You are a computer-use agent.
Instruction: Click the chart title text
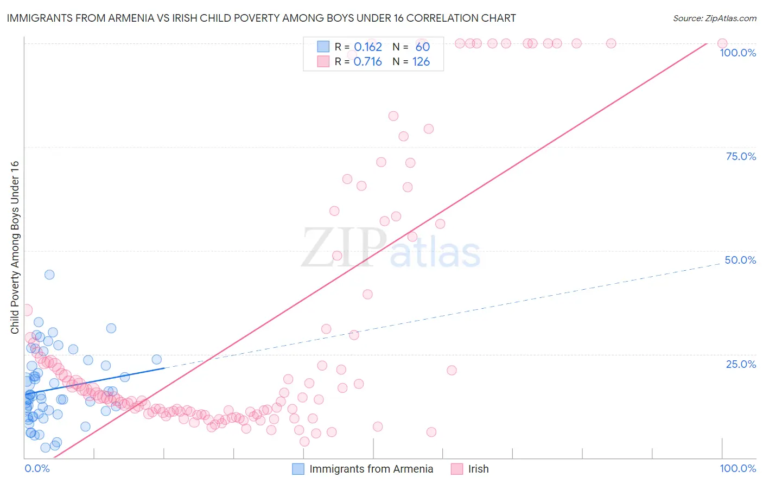(x=261, y=18)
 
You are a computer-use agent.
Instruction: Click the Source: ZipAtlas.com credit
(x=714, y=18)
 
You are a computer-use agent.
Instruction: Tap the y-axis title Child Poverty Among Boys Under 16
(x=15, y=247)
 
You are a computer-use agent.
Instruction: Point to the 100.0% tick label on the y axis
(x=737, y=53)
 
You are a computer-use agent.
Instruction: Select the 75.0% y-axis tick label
(x=741, y=156)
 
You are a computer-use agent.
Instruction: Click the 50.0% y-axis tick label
(x=740, y=260)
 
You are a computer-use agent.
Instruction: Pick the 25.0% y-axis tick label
(x=741, y=364)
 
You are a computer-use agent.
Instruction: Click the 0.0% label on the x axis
(x=37, y=468)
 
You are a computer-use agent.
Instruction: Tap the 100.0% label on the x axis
(x=737, y=468)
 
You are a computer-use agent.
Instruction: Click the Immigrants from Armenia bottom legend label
(x=371, y=469)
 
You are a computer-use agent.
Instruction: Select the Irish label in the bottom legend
(x=478, y=469)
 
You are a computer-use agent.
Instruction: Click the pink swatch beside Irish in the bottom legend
(x=457, y=469)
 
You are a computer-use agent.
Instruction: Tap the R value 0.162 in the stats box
(x=368, y=47)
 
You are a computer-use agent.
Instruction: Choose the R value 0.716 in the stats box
(x=368, y=62)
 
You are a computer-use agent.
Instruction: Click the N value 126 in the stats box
(x=421, y=62)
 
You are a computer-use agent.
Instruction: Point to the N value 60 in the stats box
(x=423, y=47)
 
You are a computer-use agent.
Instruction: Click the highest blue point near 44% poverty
(x=49, y=275)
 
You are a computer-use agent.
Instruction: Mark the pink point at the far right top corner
(x=722, y=43)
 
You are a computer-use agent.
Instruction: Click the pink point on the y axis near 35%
(x=27, y=310)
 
